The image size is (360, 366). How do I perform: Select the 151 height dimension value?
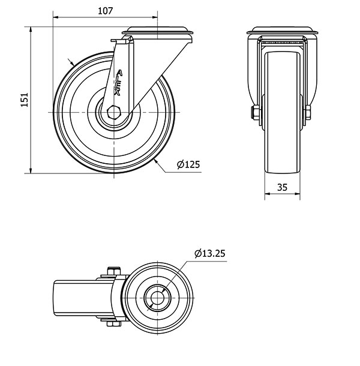point(25,100)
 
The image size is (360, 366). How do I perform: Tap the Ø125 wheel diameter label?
point(188,165)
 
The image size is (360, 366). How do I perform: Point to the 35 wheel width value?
point(282,187)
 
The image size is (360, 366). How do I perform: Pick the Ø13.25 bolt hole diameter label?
point(209,254)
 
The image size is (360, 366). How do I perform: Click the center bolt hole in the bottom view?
point(158,298)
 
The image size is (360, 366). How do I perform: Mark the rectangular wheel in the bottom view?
point(75,298)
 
